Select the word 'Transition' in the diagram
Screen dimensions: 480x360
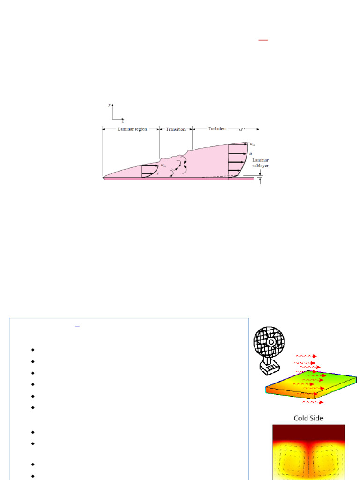176,129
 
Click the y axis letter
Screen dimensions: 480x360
110,105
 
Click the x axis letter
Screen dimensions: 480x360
123,121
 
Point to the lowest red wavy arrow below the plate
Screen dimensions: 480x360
309,402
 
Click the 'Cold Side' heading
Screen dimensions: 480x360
308,418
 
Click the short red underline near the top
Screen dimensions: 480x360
263,41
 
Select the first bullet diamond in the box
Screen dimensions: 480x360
33,350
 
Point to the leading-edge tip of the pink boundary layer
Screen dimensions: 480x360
103,178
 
